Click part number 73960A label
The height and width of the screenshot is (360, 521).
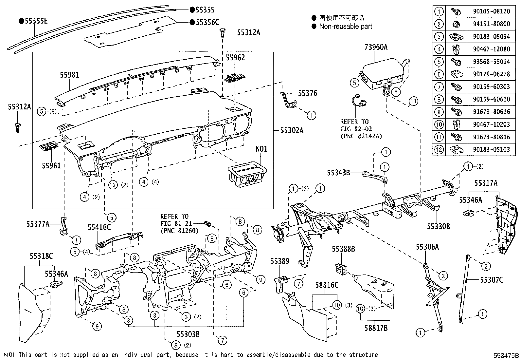tap(376, 47)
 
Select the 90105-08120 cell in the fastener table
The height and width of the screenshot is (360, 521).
tap(491, 11)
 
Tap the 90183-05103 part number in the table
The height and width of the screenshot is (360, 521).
tap(491, 149)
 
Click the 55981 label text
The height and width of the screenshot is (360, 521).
tap(69, 75)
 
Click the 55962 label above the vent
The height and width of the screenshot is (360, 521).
tap(235, 58)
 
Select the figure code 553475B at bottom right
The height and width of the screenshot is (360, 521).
tap(506, 355)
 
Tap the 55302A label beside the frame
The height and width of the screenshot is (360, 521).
tap(291, 130)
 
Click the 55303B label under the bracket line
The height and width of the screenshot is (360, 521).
tap(188, 334)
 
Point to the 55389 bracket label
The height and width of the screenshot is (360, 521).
tap(280, 261)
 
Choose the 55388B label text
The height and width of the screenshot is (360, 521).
tap(343, 249)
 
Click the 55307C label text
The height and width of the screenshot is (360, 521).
tap(491, 280)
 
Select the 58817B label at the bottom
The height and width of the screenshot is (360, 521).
tap(376, 328)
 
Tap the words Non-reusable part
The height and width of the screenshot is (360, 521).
tap(346, 27)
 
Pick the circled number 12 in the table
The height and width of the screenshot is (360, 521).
tap(439, 150)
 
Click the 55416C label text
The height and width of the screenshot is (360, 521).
tap(99, 227)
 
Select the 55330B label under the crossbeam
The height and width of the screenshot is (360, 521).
tap(438, 226)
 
